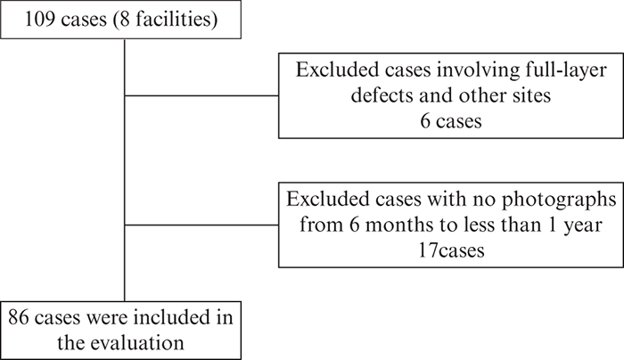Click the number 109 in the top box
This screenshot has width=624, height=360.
(x=39, y=19)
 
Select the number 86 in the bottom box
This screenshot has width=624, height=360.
(x=19, y=317)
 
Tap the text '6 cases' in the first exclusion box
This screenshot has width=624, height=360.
(x=451, y=121)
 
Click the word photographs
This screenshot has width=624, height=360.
(x=558, y=200)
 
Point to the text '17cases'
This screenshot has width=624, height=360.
(x=451, y=250)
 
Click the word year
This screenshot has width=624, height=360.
(x=585, y=225)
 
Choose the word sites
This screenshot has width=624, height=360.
(x=532, y=95)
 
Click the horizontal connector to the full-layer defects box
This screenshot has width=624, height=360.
(x=201, y=95)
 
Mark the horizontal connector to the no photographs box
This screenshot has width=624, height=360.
(x=201, y=225)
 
